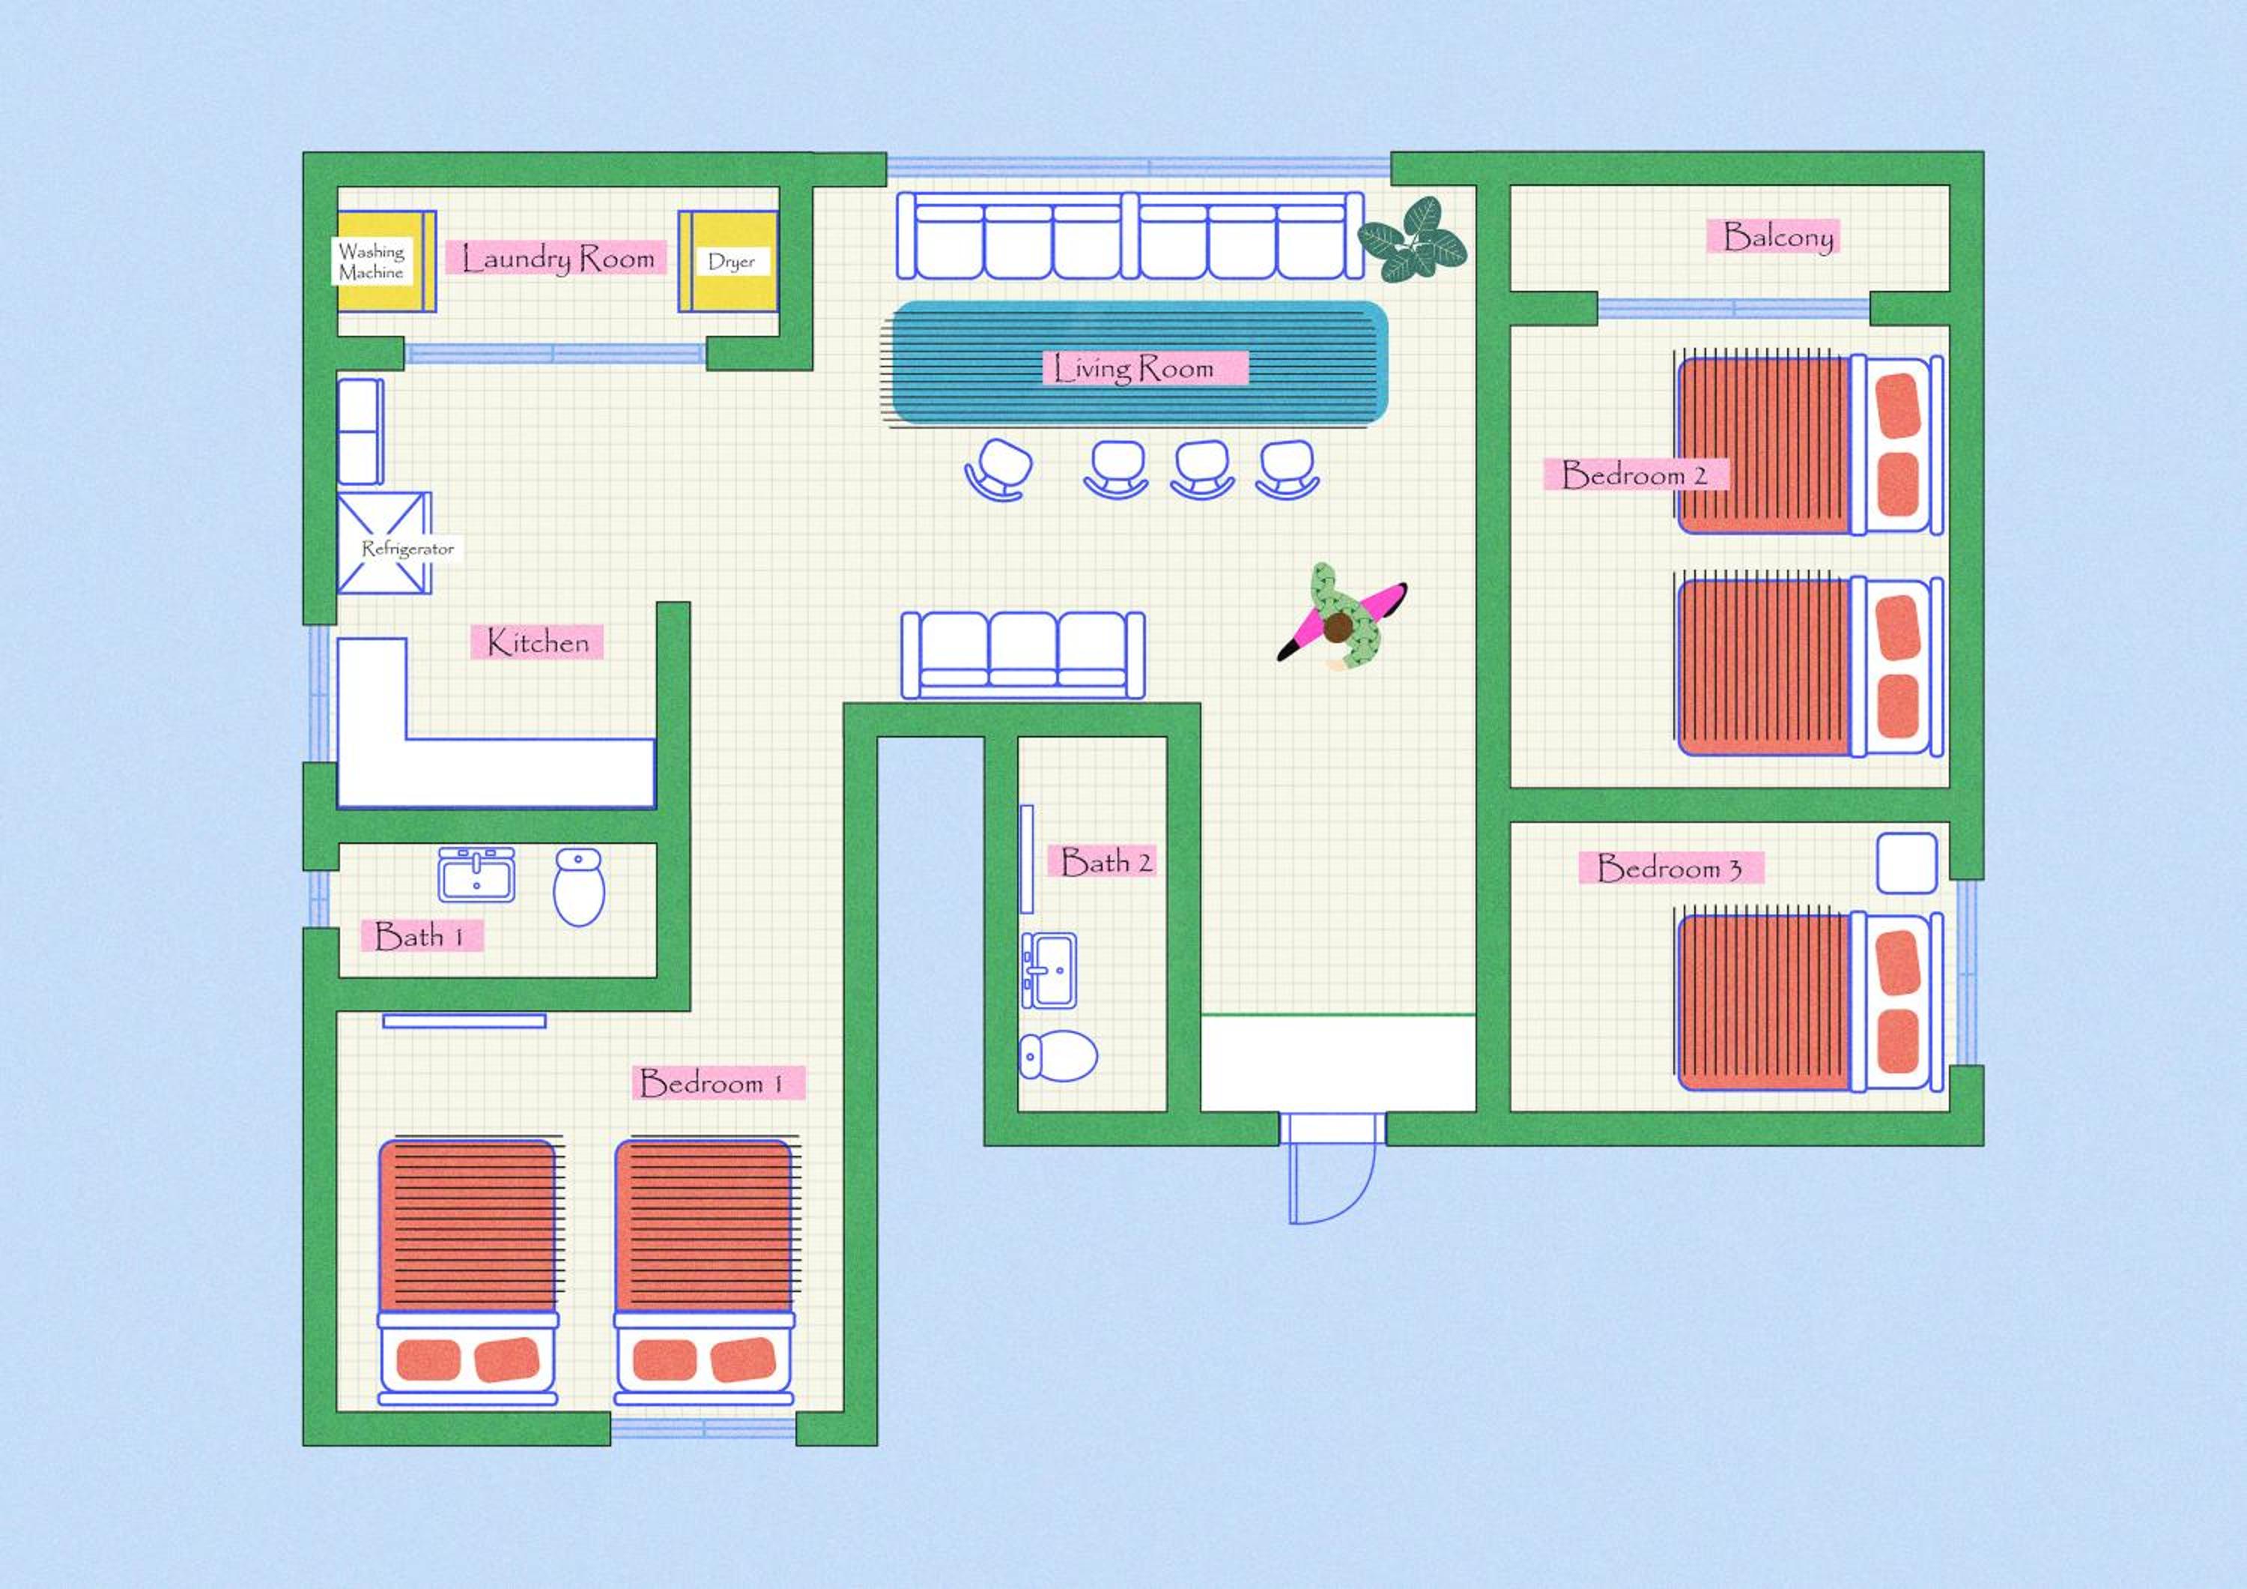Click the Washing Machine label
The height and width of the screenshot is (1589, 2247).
(372, 262)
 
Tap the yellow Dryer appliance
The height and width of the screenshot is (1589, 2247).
(728, 262)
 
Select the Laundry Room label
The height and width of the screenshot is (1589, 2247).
(557, 259)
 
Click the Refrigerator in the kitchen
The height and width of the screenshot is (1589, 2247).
(385, 543)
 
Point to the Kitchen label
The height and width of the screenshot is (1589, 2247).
(537, 642)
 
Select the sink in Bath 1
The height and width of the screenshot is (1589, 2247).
(476, 874)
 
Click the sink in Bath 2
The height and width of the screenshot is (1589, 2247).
(1049, 970)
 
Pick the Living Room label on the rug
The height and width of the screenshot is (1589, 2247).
(1133, 368)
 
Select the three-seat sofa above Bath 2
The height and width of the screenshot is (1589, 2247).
(1022, 654)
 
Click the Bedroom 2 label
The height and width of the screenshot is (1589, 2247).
(1634, 475)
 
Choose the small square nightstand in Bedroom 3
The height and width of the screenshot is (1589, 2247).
(1906, 863)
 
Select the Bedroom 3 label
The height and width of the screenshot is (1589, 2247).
(1670, 867)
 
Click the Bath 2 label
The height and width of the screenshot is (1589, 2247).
(1106, 861)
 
